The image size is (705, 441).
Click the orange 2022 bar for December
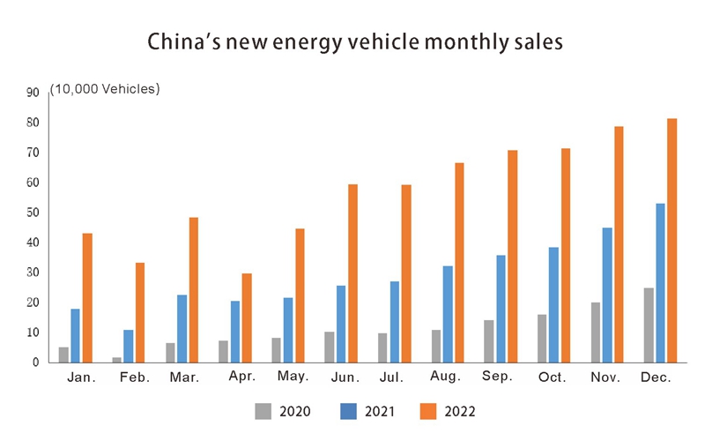(672, 240)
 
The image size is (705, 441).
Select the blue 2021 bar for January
(75, 335)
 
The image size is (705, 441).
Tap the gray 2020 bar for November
(595, 332)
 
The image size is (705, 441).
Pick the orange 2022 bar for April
(247, 318)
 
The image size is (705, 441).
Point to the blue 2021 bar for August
(448, 313)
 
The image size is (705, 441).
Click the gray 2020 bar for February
(117, 359)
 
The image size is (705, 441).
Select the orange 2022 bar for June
(352, 273)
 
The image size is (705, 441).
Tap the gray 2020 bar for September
(488, 340)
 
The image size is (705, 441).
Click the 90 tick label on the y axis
(33, 92)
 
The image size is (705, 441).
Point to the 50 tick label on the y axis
(33, 213)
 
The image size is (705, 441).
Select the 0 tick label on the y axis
(36, 363)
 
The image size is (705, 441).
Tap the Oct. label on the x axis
(553, 377)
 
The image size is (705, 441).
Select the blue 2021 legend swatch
(349, 410)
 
